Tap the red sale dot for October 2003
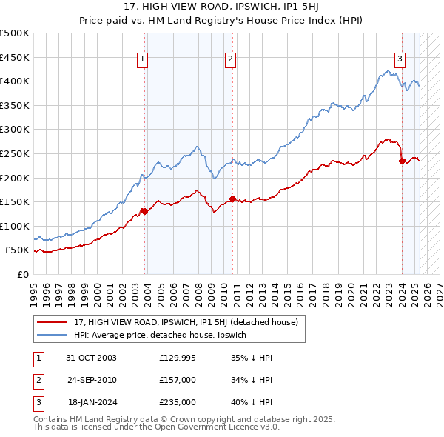pos(144,212)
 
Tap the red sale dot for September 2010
pos(232,199)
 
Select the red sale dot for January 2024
pos(402,161)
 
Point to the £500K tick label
pos(15,33)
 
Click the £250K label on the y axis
pos(15,153)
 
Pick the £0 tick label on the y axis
pos(22,274)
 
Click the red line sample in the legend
pos(52,322)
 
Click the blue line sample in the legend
pos(52,336)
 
